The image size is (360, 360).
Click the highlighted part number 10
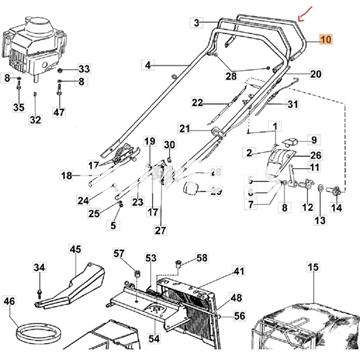click(326, 39)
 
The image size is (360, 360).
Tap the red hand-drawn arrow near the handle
click(304, 14)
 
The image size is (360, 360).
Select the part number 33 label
click(84, 69)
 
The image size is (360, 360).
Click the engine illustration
click(34, 48)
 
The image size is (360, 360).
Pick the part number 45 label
click(75, 249)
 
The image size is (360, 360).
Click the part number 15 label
click(313, 267)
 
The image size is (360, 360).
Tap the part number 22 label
click(197, 103)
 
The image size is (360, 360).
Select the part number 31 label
click(292, 105)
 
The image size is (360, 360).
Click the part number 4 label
click(148, 65)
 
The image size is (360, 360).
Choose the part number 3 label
click(196, 23)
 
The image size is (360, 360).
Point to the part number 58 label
click(202, 258)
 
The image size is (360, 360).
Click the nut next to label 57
click(137, 274)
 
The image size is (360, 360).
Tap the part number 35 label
click(19, 108)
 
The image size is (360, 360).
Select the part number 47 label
click(59, 112)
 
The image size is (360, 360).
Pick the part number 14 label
click(336, 208)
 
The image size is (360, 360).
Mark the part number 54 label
click(154, 339)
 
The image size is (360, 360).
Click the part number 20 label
click(315, 74)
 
